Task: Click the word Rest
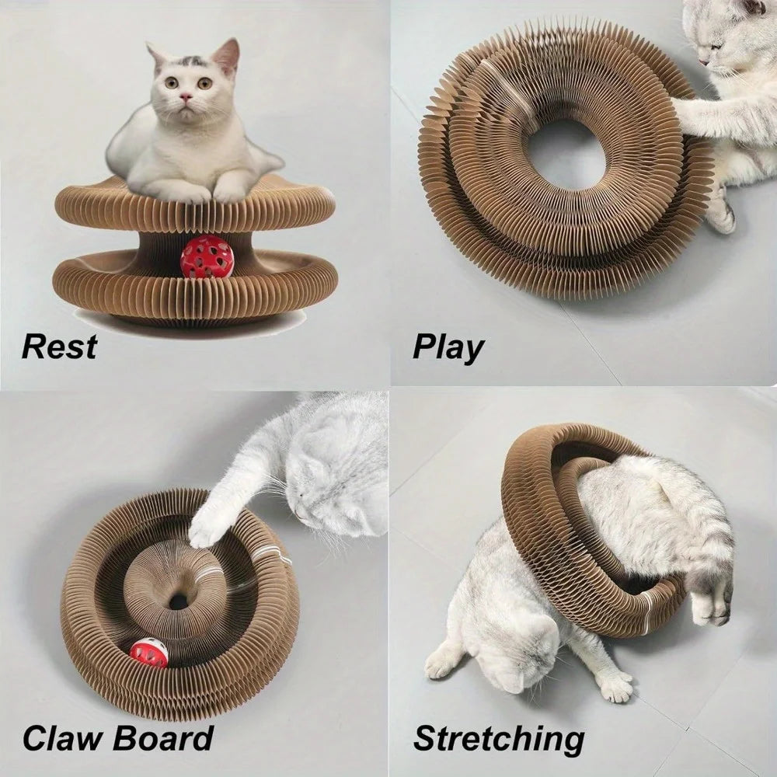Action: [x=59, y=346]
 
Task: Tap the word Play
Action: [x=448, y=347]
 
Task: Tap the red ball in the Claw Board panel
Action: [x=148, y=653]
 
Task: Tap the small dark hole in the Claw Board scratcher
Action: [x=179, y=601]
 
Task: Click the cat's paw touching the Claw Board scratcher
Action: [x=208, y=529]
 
